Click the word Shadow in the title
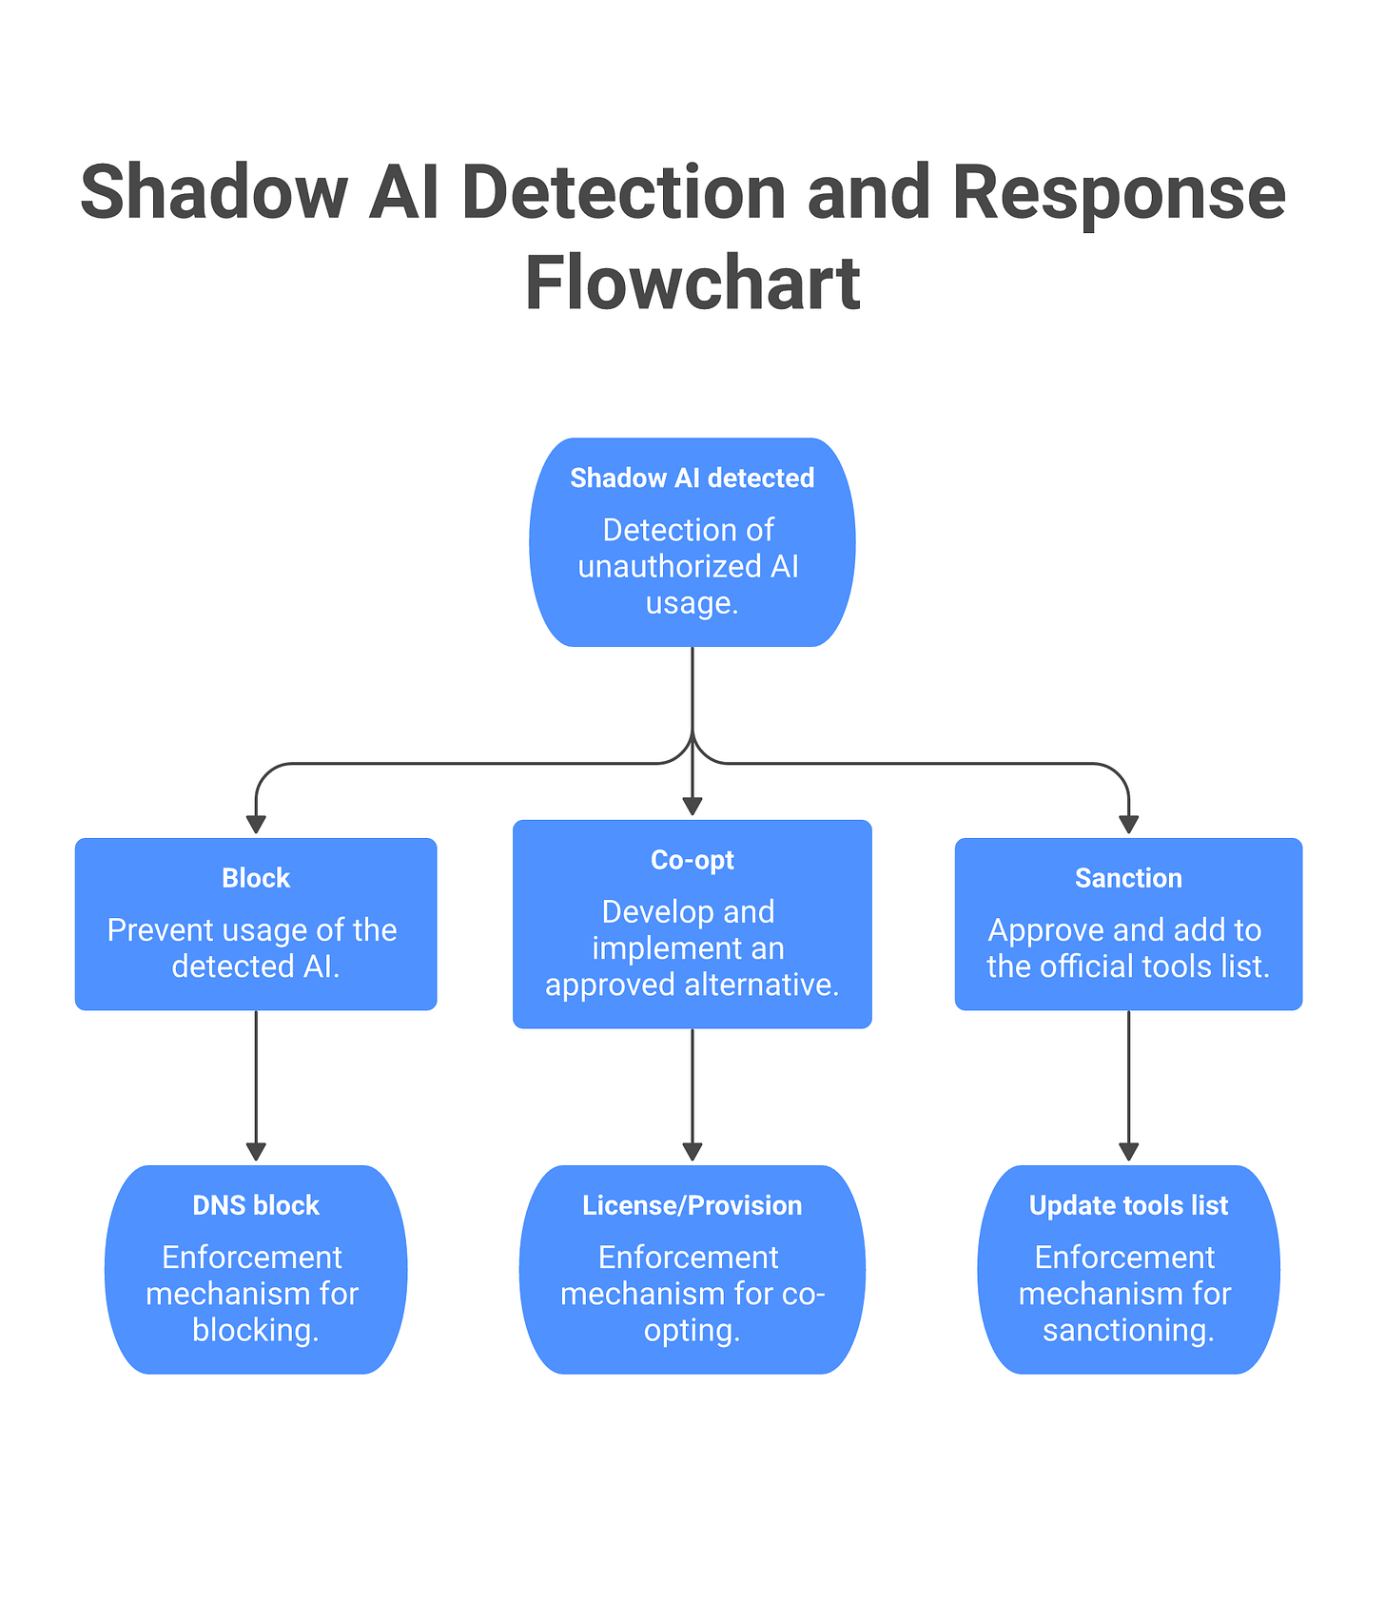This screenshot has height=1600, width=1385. click(213, 193)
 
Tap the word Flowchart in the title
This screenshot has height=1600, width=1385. click(692, 283)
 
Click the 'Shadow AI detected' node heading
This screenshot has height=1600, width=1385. click(692, 478)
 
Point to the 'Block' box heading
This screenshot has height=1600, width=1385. click(256, 878)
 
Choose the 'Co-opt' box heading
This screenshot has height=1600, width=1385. click(692, 860)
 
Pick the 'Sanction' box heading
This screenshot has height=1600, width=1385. click(1128, 878)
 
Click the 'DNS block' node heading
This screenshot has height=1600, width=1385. click(256, 1205)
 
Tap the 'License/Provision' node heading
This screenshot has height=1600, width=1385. click(692, 1205)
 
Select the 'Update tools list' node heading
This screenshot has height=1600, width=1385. click(1128, 1205)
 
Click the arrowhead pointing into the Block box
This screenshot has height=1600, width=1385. click(256, 824)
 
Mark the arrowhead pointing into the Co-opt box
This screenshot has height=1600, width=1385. click(692, 806)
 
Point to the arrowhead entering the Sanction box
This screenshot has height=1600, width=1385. click(1128, 824)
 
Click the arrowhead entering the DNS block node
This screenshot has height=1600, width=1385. click(256, 1151)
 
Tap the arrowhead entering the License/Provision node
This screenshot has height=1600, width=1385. click(692, 1151)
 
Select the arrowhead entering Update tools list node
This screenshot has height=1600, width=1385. click(1128, 1151)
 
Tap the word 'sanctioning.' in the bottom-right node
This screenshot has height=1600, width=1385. click(1128, 1330)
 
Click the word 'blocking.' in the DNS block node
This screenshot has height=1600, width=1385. click(256, 1330)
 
